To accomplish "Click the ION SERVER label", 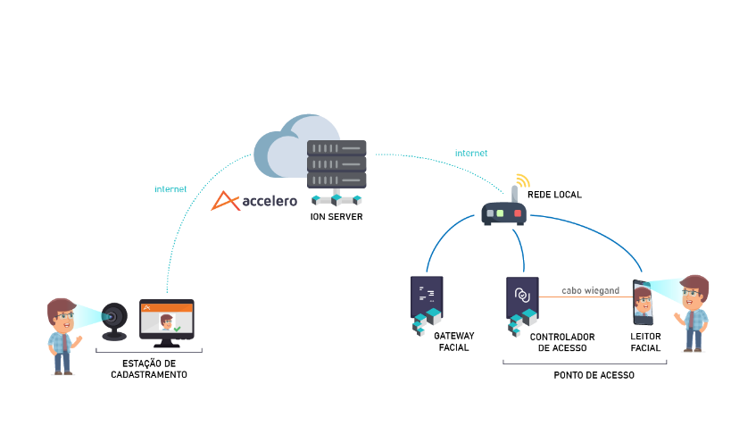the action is click(336, 217).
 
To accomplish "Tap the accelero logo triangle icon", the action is click(225, 201).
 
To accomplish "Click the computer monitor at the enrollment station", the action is click(167, 322).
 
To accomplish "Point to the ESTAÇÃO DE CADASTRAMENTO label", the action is click(149, 369).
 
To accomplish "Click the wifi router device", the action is click(504, 206).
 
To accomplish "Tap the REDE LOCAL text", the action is click(554, 195).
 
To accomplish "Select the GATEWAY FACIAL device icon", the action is click(427, 305).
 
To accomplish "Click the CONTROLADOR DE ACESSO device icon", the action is click(523, 305).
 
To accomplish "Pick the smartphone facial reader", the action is click(643, 303).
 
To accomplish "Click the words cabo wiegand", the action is click(590, 290).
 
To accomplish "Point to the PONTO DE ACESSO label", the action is click(594, 375).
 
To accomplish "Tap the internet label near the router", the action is click(471, 154).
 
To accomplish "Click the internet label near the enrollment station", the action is click(170, 189).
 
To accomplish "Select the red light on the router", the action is click(518, 213).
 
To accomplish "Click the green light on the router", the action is click(500, 213).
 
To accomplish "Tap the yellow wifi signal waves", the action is click(523, 180).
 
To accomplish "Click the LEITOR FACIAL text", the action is click(645, 342).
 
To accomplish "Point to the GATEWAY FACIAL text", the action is click(453, 341).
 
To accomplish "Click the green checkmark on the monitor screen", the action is click(177, 329).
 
